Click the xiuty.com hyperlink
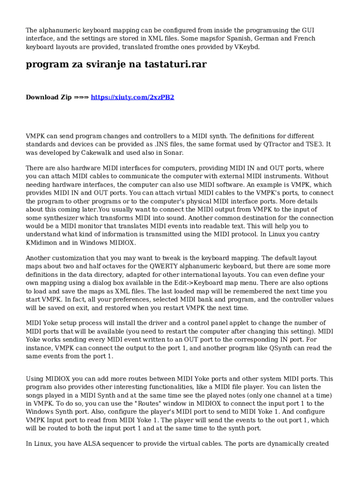tap(132, 97)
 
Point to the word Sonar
tap(173, 152)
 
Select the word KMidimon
tap(42, 243)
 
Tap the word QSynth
tap(281, 348)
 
